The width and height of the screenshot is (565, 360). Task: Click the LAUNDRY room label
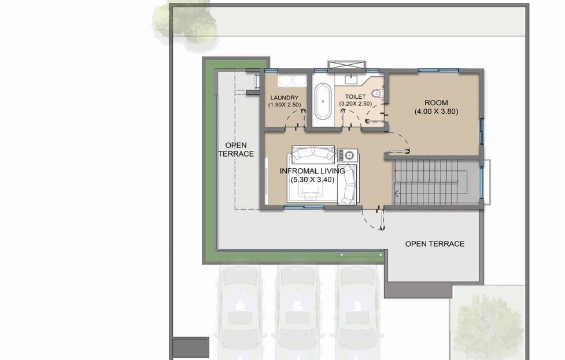[285, 98]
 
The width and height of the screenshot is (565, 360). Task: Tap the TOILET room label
[355, 97]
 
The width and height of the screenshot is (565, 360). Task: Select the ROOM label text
[436, 103]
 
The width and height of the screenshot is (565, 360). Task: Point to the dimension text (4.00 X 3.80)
[436, 112]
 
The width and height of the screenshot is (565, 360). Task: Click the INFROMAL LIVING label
[312, 170]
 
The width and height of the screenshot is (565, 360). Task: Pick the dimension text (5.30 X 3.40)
[312, 180]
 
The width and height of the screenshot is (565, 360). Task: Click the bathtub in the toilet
[323, 102]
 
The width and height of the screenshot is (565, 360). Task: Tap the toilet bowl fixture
[377, 93]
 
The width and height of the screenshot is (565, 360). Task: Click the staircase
[436, 182]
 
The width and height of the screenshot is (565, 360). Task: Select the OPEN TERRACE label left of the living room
[236, 150]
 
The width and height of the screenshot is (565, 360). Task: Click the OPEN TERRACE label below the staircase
[434, 244]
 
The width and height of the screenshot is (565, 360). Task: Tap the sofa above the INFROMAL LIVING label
[313, 153]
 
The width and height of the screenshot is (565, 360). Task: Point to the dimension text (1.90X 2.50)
[285, 105]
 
